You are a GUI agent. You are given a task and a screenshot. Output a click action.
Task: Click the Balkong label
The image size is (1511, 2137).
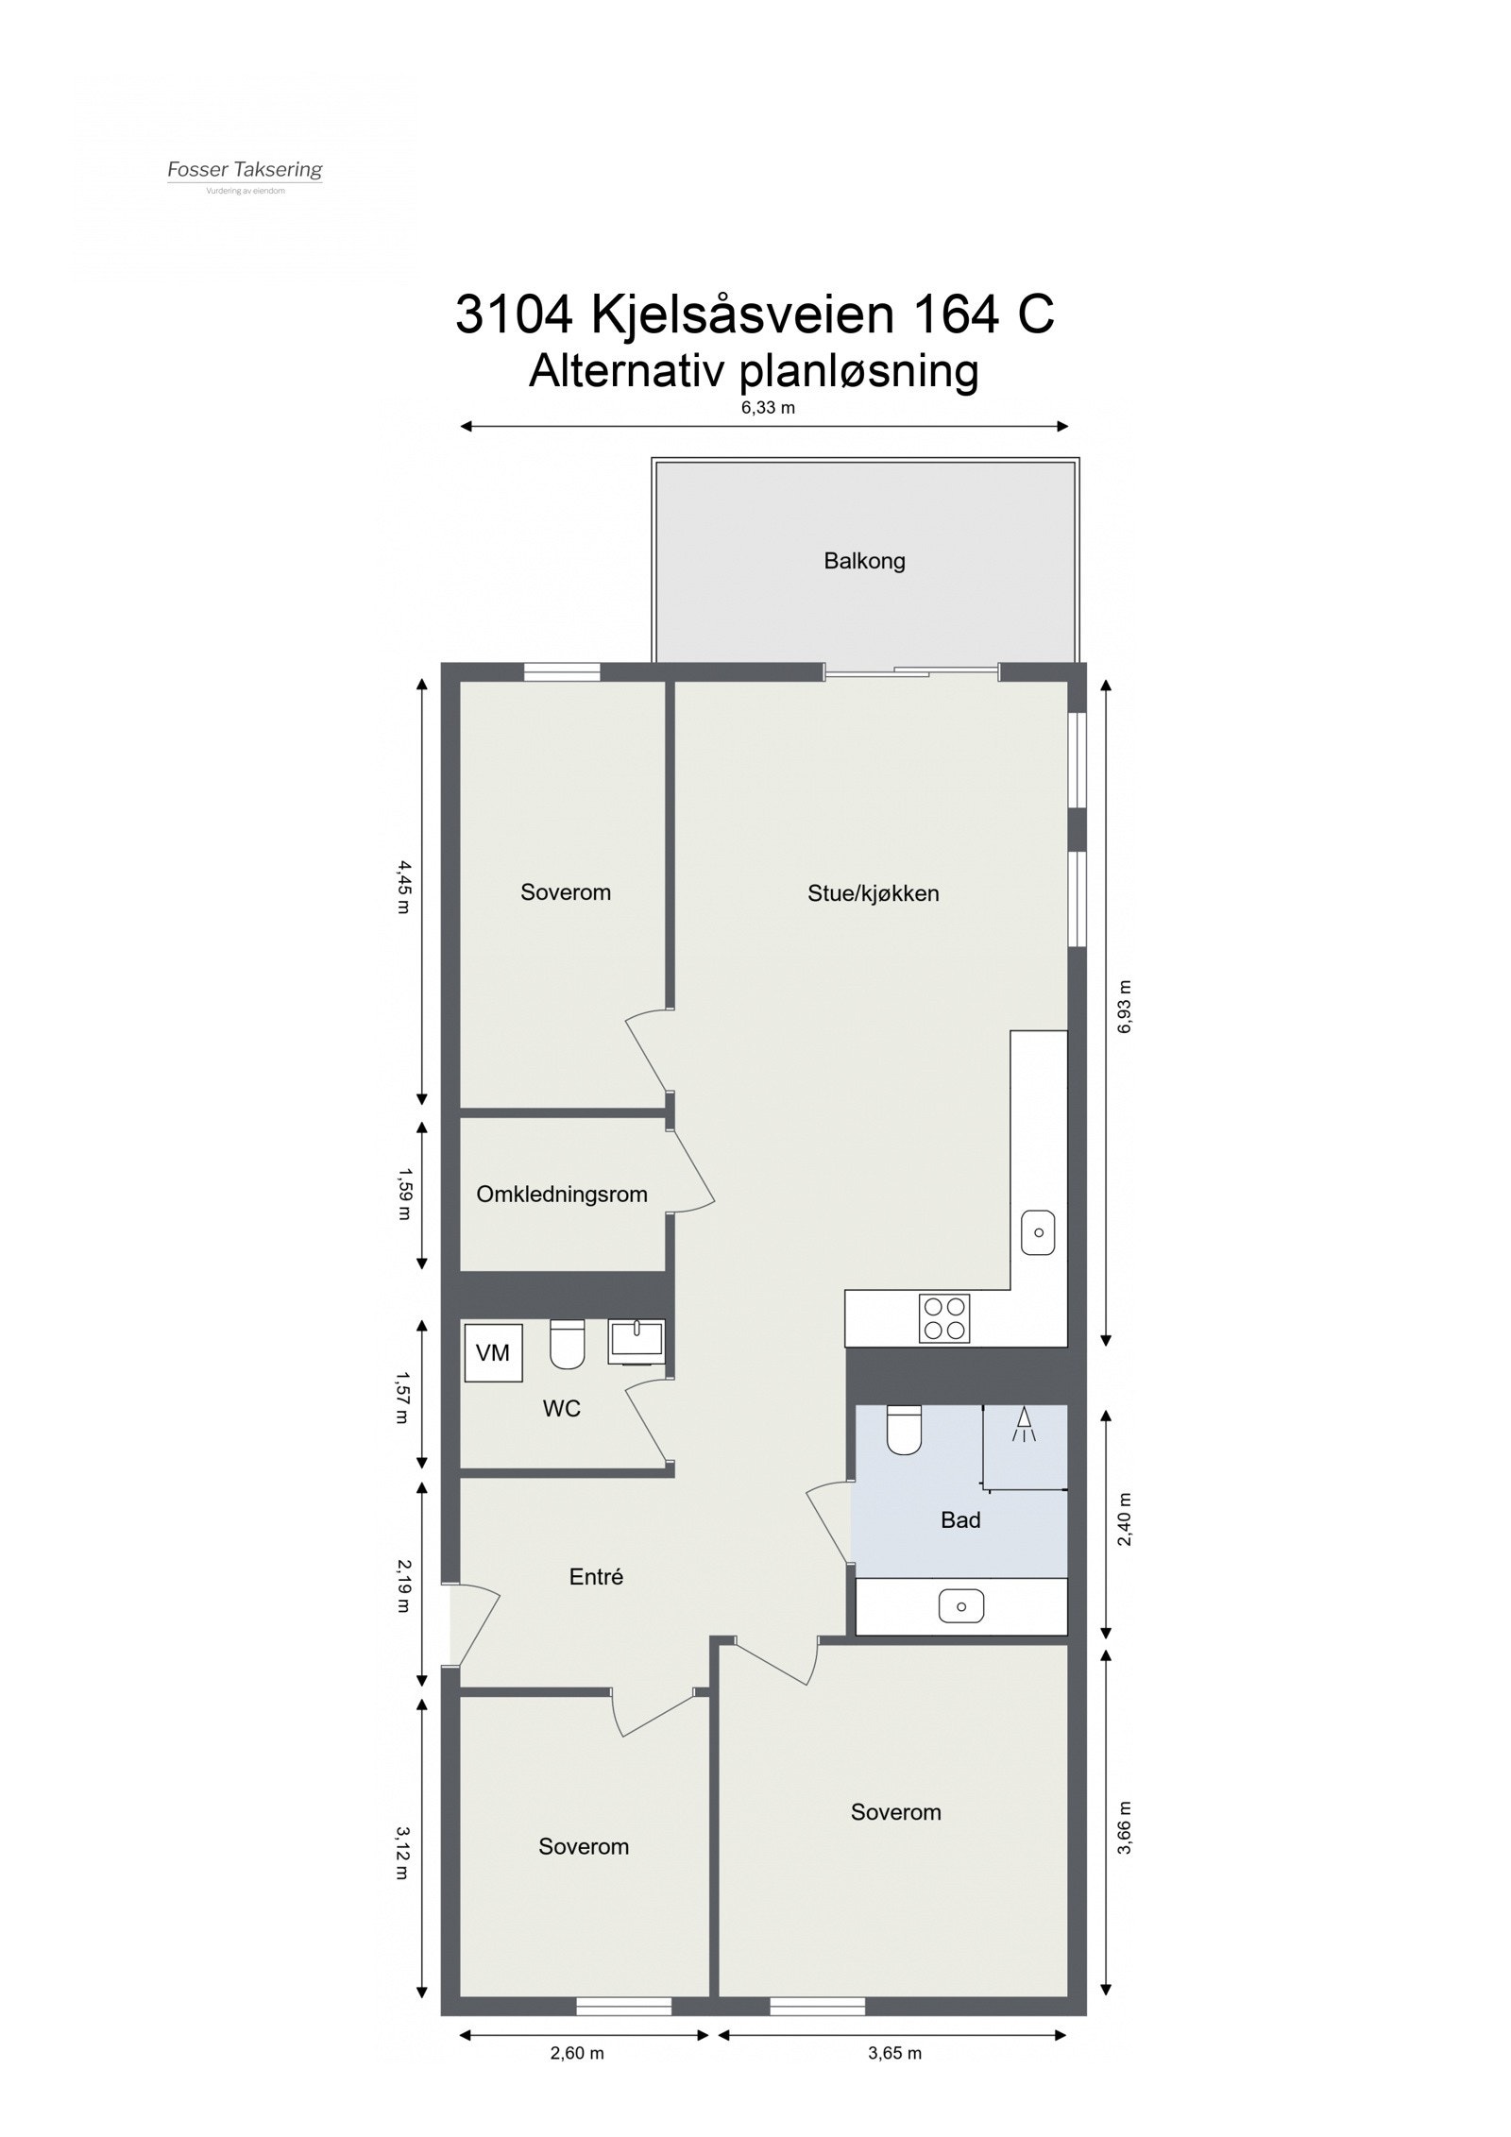pos(864,561)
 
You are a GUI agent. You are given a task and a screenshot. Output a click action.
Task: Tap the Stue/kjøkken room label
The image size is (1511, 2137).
pos(873,893)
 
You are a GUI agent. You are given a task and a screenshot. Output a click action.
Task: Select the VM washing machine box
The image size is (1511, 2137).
pos(493,1353)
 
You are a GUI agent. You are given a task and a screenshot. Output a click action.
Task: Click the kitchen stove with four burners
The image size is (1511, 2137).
pos(944,1318)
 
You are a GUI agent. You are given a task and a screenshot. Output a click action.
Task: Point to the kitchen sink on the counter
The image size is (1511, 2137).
pos(1038,1232)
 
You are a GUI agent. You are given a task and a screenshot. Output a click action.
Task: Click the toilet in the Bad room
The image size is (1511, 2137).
pos(904,1430)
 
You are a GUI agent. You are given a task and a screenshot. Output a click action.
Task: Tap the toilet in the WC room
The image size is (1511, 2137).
pos(567,1345)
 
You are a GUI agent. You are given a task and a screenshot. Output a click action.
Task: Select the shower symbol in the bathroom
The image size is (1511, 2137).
pos(1024,1425)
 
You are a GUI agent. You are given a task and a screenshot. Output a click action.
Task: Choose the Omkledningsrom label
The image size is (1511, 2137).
pos(562,1195)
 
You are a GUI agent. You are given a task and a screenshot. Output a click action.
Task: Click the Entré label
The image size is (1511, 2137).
pos(596,1577)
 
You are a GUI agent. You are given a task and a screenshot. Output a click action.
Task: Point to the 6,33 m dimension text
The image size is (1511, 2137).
pos(768,408)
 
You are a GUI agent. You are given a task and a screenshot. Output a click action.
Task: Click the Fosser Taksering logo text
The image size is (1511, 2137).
pos(245,170)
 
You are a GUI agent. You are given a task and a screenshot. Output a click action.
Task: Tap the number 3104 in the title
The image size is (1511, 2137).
pos(515,314)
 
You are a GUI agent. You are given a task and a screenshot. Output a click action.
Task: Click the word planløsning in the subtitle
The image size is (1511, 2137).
pos(857,371)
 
